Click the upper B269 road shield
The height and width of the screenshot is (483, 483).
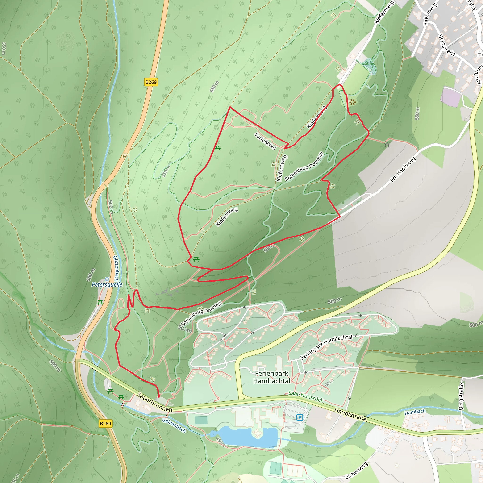click(x=151, y=82)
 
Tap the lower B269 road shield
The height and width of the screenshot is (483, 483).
click(x=105, y=424)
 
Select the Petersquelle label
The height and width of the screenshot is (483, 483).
click(x=107, y=284)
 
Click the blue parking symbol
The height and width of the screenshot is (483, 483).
click(x=300, y=417)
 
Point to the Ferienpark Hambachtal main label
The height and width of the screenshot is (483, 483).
click(x=272, y=377)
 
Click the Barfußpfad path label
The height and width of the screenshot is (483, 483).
click(x=265, y=141)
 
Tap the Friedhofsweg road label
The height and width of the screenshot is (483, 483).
click(x=403, y=169)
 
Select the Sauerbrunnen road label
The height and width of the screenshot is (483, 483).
click(x=155, y=402)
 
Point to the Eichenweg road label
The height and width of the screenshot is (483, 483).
click(x=357, y=471)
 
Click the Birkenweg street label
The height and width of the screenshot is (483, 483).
click(x=429, y=14)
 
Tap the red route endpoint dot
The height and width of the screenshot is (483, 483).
click(x=159, y=396)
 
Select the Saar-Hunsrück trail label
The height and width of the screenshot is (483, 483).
click(x=306, y=396)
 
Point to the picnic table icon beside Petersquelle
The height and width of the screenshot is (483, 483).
click(x=100, y=303)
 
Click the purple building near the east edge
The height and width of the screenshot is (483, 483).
click(x=450, y=96)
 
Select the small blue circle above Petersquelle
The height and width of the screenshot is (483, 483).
click(x=107, y=279)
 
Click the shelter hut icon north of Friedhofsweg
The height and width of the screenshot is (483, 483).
click(x=387, y=144)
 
